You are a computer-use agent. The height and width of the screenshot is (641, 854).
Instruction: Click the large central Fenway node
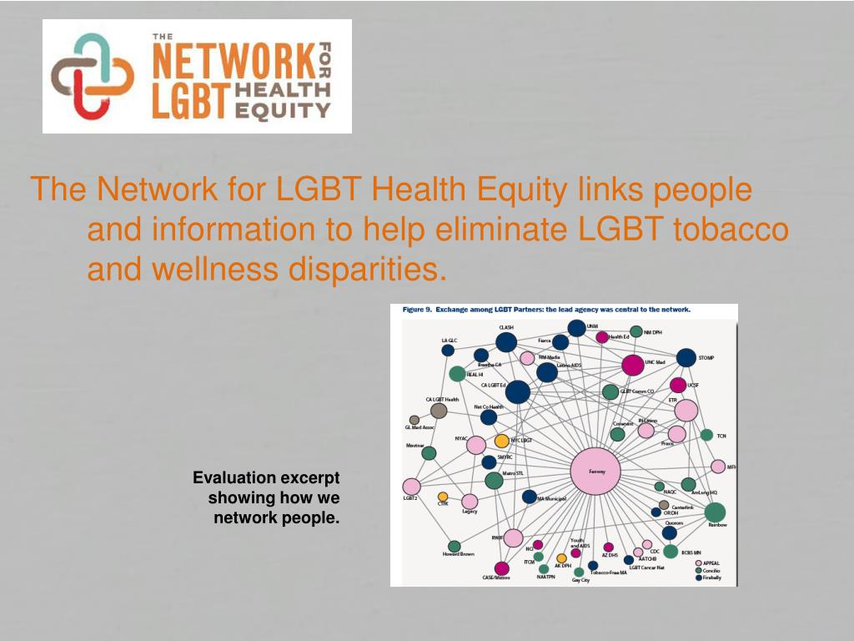point(595,472)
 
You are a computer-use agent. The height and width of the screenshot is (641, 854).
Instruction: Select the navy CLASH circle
point(506,342)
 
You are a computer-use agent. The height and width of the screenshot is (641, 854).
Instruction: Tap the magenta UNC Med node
point(632,366)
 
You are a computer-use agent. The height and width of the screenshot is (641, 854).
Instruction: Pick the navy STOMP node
point(686,358)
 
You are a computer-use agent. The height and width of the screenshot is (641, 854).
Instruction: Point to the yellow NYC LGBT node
point(501,441)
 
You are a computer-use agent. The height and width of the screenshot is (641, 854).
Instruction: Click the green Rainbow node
point(715,512)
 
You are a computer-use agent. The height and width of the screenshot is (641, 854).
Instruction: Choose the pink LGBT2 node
point(411,487)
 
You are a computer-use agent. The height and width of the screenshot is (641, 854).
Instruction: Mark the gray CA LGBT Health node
point(439,411)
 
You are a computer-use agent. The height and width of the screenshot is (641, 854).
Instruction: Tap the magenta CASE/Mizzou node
point(502,568)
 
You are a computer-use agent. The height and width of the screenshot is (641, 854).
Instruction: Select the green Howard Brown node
point(455,546)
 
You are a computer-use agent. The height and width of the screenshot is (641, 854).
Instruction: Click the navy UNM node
point(576,328)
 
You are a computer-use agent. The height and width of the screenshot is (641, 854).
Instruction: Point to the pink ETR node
point(686,411)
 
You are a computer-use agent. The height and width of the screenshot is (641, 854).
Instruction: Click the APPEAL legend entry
point(710,563)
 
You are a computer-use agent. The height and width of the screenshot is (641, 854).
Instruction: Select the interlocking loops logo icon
point(91,75)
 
